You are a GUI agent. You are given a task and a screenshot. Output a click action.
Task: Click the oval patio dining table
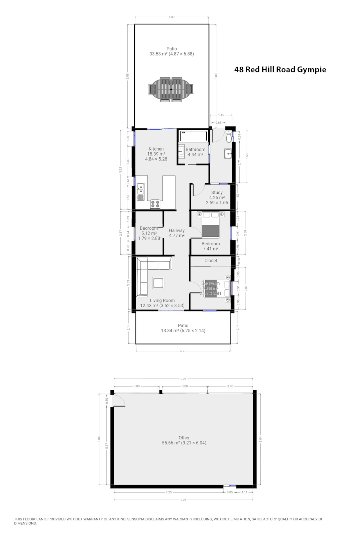click(171, 88)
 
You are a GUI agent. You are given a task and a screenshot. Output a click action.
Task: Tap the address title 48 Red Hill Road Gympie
click(280, 70)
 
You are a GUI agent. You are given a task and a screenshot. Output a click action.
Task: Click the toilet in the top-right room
click(229, 137)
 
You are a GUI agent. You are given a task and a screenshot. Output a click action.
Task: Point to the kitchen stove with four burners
click(155, 204)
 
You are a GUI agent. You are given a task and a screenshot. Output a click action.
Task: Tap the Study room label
click(217, 192)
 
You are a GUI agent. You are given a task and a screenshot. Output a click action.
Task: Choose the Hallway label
click(177, 230)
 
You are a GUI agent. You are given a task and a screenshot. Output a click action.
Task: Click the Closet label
click(210, 261)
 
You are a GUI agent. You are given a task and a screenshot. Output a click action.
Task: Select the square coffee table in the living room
click(159, 283)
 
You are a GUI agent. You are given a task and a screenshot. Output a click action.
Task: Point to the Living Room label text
click(159, 300)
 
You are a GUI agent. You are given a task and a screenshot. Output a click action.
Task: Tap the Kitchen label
click(156, 149)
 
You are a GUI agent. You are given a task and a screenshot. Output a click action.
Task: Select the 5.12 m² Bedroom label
click(148, 228)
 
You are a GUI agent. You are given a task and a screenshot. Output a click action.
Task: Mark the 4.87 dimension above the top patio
click(171, 17)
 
